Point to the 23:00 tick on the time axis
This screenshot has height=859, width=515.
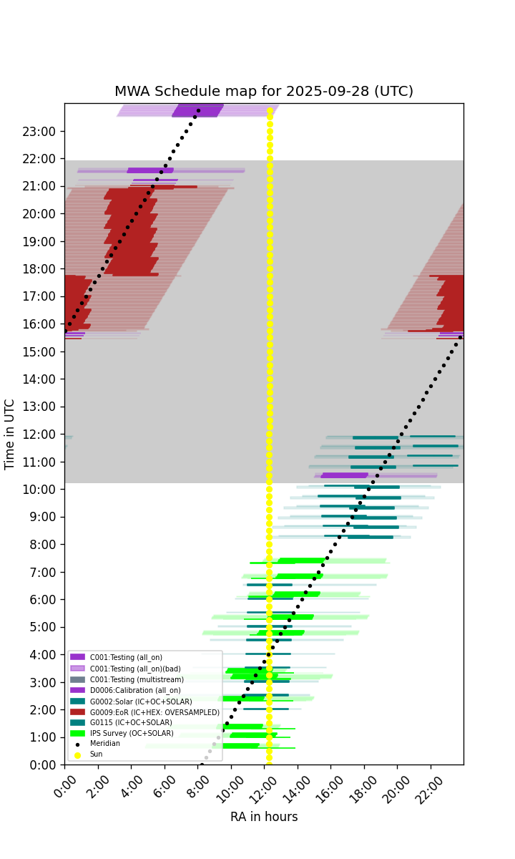tap(39, 132)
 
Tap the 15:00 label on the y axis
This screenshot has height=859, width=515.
tap(39, 351)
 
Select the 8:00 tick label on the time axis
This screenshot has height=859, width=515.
tap(42, 544)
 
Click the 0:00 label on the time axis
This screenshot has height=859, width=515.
tap(42, 765)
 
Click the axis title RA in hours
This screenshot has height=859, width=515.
tap(264, 817)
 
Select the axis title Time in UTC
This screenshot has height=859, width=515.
tap(9, 435)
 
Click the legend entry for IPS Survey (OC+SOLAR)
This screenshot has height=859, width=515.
tap(122, 733)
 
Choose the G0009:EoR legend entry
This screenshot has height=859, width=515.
tap(144, 712)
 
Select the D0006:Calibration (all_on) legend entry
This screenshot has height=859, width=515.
tap(125, 690)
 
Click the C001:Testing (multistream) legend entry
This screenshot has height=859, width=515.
tap(127, 679)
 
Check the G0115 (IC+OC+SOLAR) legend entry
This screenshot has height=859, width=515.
tap(121, 722)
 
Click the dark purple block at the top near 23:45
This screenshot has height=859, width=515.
tap(197, 110)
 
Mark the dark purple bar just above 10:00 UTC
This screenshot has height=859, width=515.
tap(345, 475)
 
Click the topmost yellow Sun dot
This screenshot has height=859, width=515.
tap(270, 111)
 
